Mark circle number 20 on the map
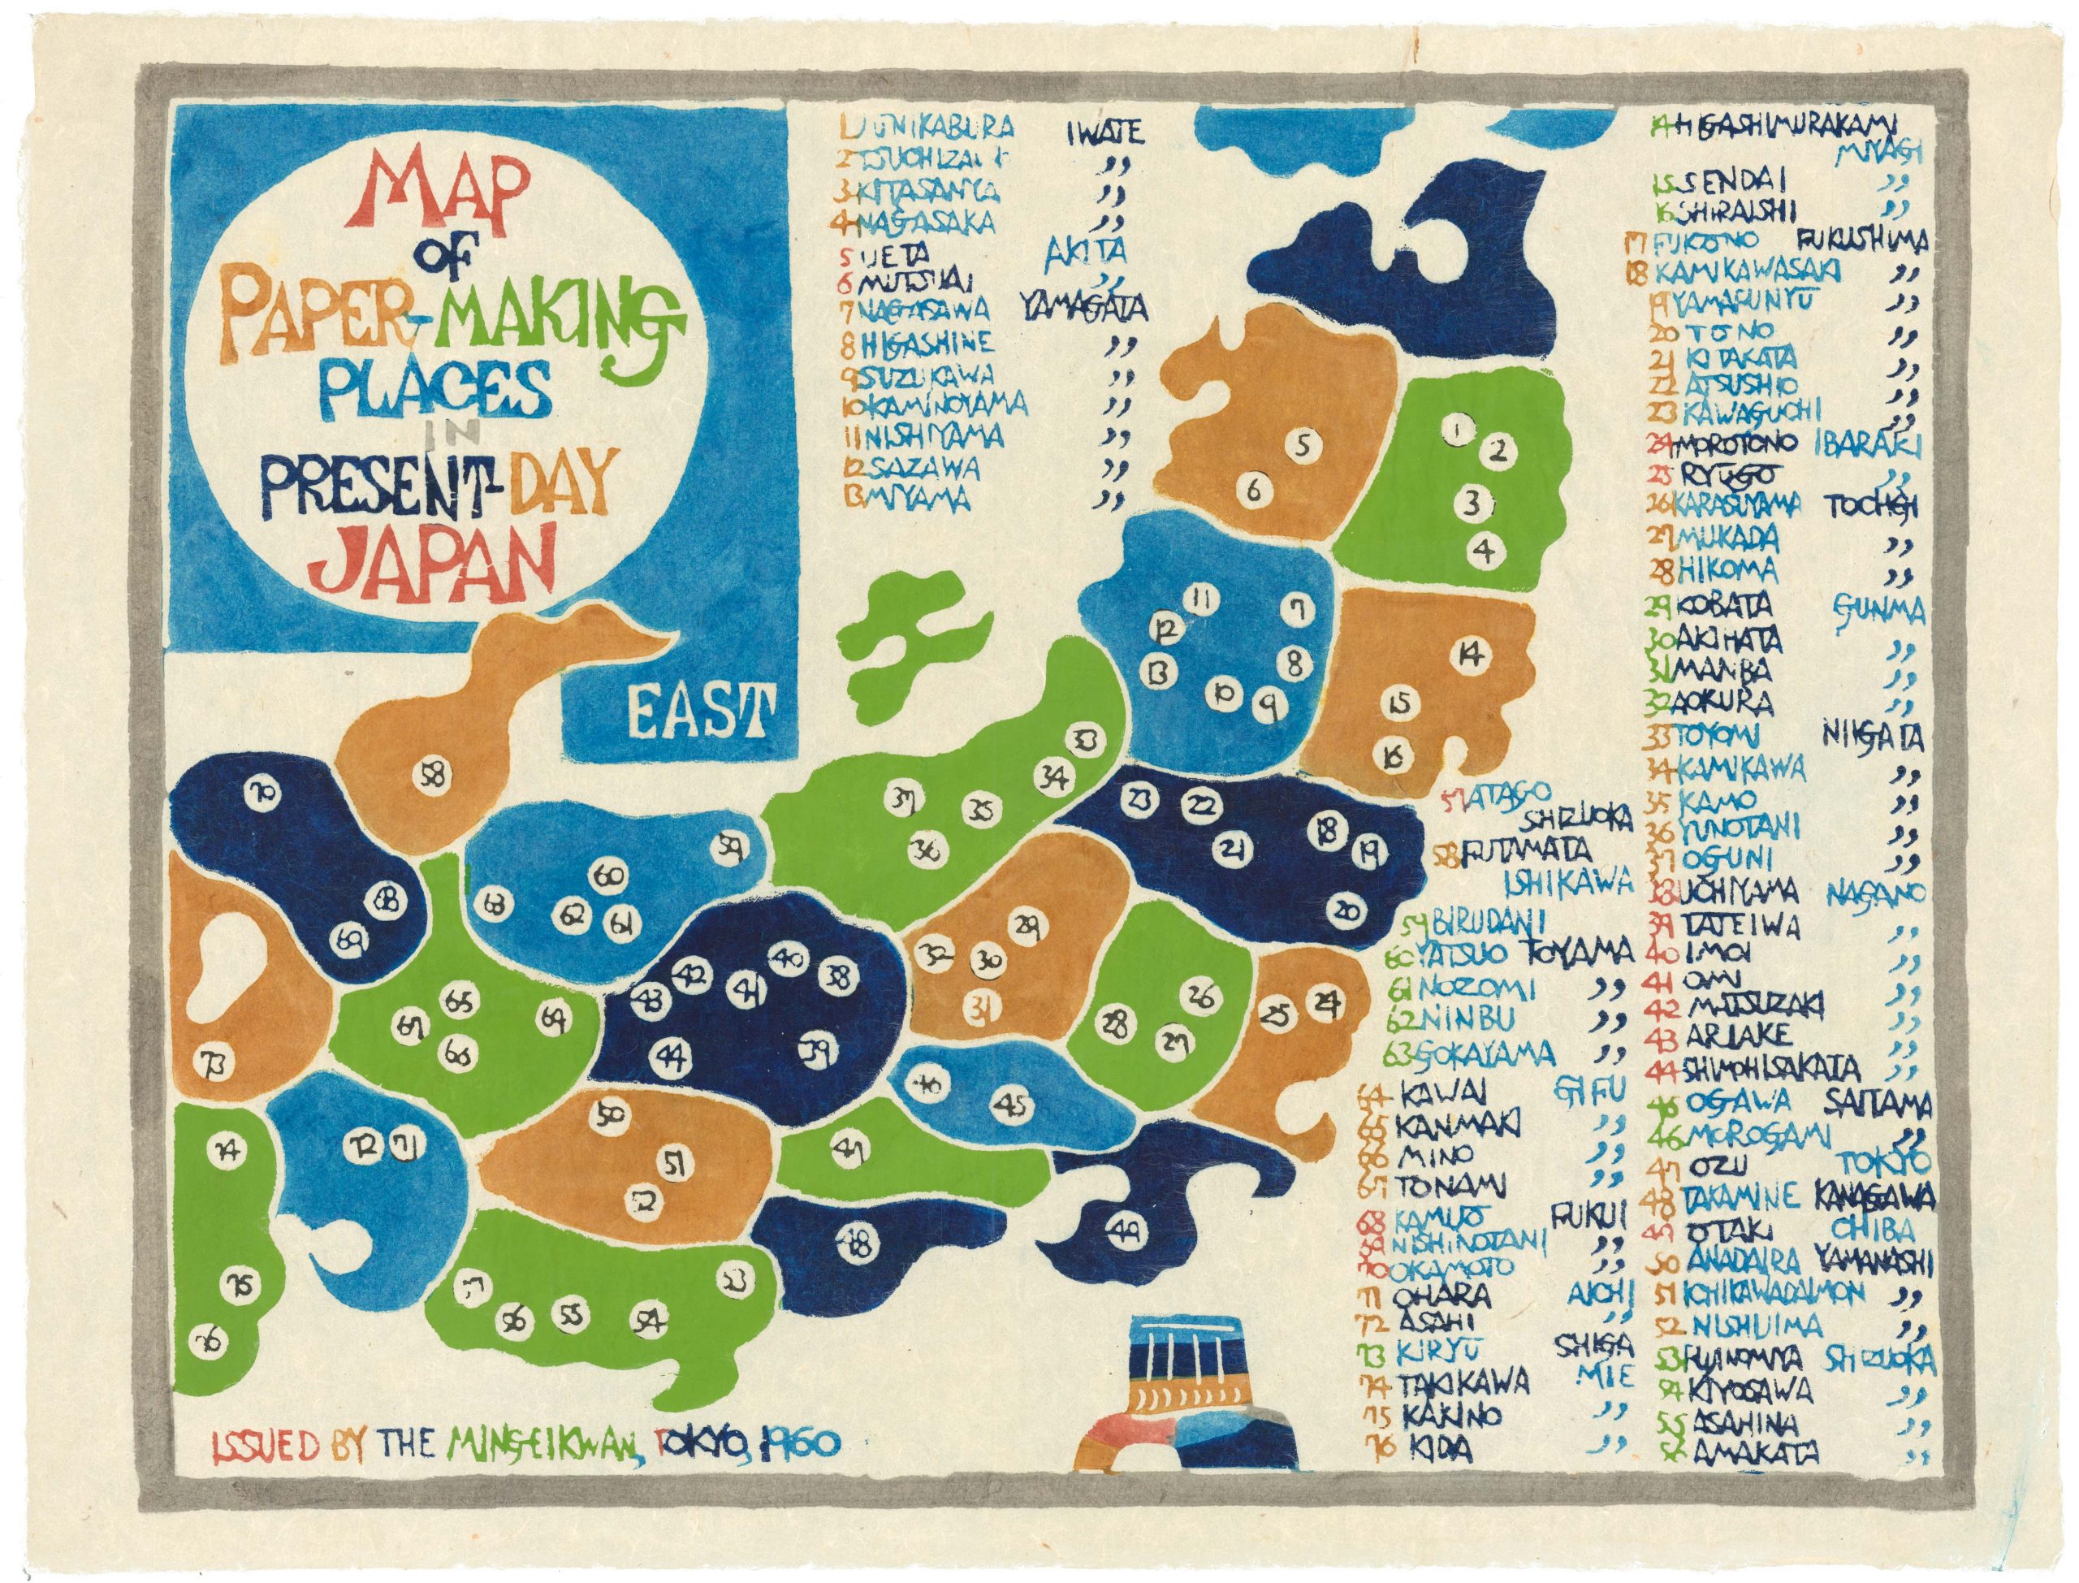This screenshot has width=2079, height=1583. tap(1349, 911)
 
